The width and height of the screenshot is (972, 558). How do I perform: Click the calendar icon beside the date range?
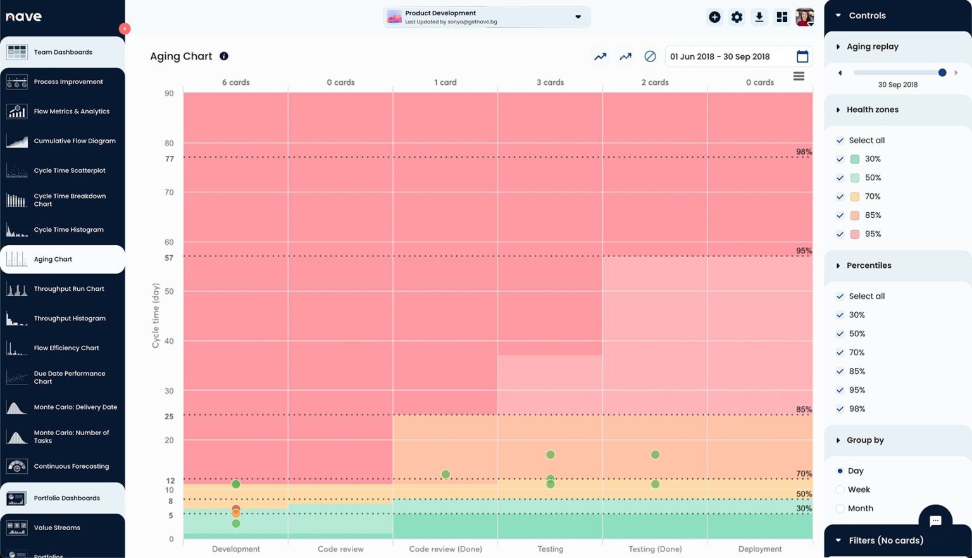click(x=802, y=56)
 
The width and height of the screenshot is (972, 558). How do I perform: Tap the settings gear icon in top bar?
click(x=737, y=17)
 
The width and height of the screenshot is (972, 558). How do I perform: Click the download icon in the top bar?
click(x=759, y=17)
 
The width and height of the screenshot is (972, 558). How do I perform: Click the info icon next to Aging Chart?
click(x=224, y=56)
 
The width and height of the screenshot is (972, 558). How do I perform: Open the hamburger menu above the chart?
click(x=799, y=76)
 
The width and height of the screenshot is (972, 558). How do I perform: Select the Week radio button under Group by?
click(x=840, y=490)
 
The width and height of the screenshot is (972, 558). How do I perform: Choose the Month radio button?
click(x=840, y=509)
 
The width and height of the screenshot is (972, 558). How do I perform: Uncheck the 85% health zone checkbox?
click(x=840, y=215)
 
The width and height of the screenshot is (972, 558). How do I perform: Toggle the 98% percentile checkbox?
click(x=840, y=409)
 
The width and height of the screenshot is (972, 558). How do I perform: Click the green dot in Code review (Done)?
click(x=445, y=474)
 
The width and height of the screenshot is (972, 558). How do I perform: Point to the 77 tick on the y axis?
click(x=169, y=159)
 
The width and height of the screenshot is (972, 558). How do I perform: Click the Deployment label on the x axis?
click(x=759, y=549)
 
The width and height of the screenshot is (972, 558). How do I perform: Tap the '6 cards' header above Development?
click(x=235, y=82)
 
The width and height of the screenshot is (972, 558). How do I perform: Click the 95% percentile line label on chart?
click(x=804, y=251)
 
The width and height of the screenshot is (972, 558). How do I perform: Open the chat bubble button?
click(x=935, y=521)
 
